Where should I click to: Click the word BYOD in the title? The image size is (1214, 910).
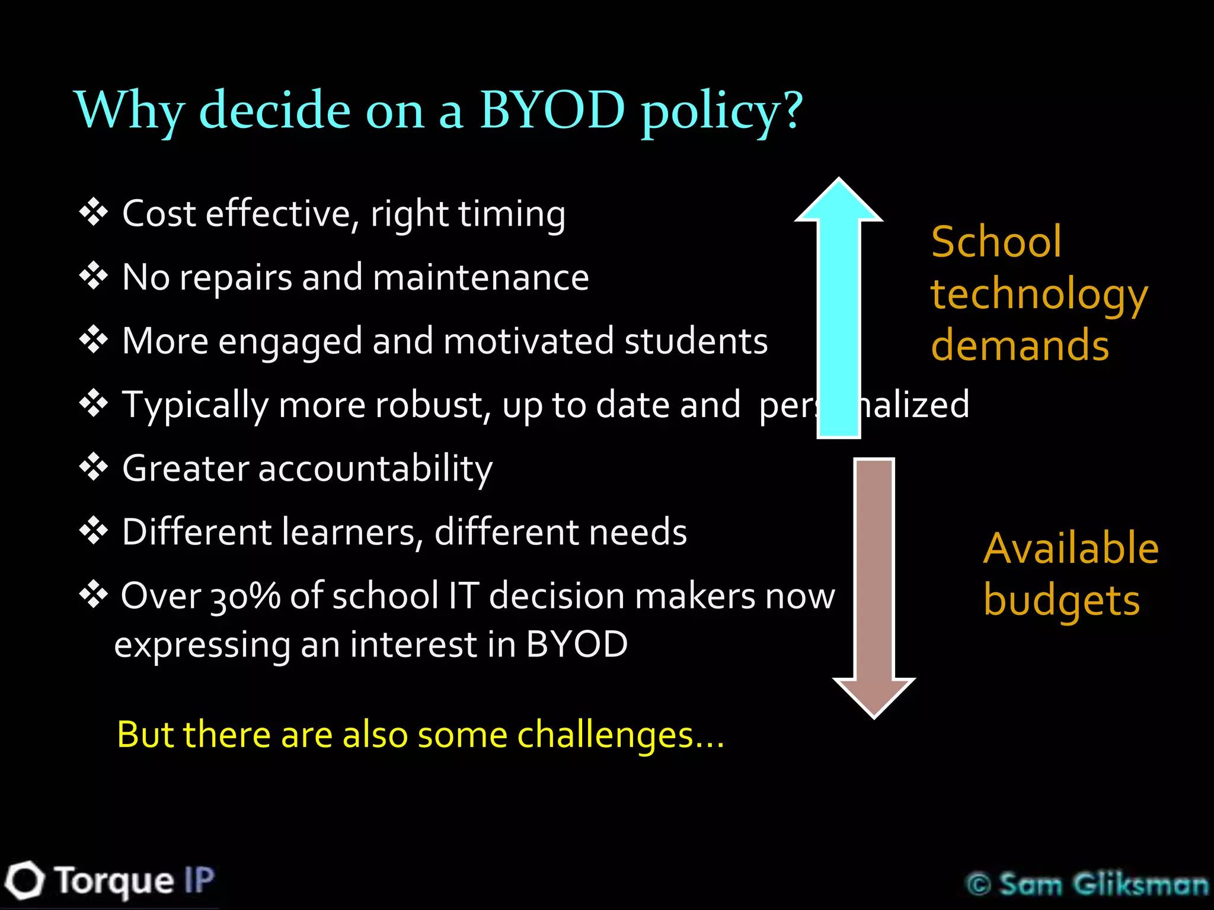pyautogui.click(x=552, y=110)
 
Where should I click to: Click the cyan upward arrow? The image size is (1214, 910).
pyautogui.click(x=839, y=308)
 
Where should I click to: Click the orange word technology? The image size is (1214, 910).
pyautogui.click(x=1039, y=295)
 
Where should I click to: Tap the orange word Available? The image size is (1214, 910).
pyautogui.click(x=1071, y=549)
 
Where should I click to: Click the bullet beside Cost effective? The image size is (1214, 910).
pyautogui.click(x=94, y=213)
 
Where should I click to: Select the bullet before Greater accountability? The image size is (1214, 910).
pyautogui.click(x=94, y=468)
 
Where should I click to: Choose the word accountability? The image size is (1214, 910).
pyautogui.click(x=375, y=469)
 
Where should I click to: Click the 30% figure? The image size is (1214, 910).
pyautogui.click(x=245, y=596)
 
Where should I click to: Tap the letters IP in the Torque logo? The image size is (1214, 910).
pyautogui.click(x=199, y=880)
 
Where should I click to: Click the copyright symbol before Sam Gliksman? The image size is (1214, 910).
pyautogui.click(x=979, y=885)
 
